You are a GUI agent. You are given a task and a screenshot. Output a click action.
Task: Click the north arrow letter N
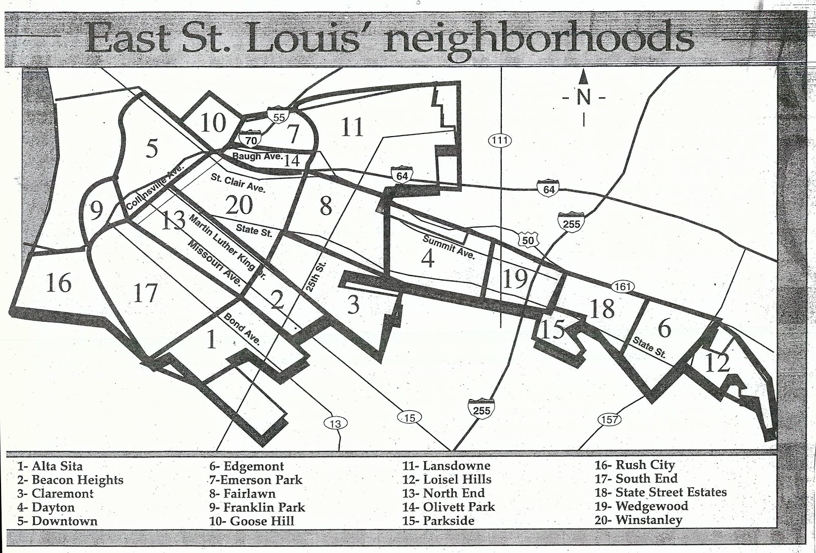click(583, 97)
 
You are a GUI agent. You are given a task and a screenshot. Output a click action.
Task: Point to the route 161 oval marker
click(623, 287)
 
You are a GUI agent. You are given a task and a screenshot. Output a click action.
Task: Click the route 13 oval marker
click(335, 423)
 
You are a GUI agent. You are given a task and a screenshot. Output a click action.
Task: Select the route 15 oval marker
click(409, 418)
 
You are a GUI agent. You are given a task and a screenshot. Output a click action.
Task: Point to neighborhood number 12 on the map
click(717, 363)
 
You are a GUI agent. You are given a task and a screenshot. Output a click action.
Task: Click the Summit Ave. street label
click(448, 247)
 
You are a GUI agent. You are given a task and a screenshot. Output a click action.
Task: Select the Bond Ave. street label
click(242, 330)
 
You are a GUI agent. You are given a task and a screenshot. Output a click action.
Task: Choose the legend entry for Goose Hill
click(251, 521)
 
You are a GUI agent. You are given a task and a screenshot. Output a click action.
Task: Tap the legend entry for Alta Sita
click(49, 465)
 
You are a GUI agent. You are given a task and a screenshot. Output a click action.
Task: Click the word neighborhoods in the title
click(538, 37)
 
